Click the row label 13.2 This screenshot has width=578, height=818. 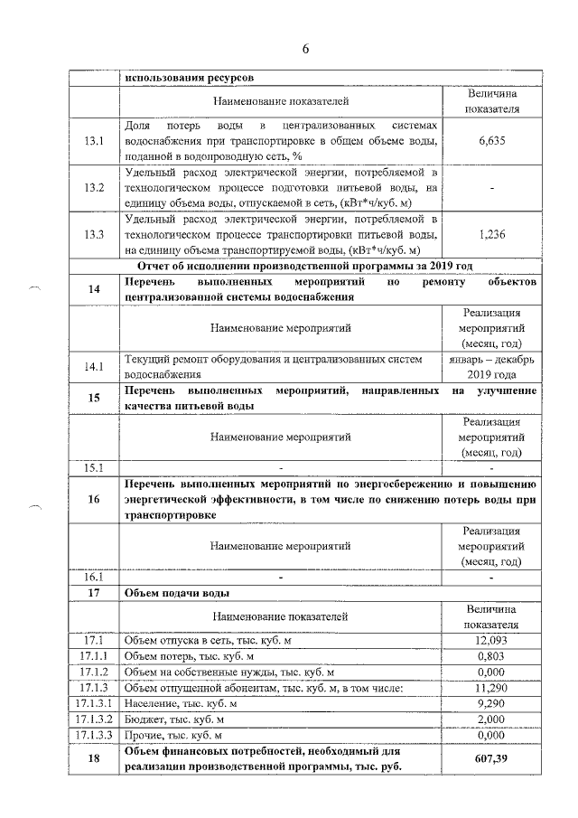point(94,187)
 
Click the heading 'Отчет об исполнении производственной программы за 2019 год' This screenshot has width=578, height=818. point(305,265)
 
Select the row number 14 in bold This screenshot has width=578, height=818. point(94,288)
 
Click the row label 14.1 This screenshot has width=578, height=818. point(94,366)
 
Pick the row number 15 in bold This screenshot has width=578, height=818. point(94,398)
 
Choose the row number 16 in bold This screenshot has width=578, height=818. point(94,498)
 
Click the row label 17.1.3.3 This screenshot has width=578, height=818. point(94,735)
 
